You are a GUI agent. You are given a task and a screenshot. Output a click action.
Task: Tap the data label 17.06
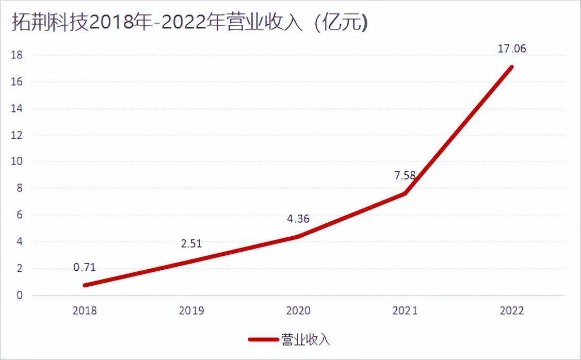point(512,49)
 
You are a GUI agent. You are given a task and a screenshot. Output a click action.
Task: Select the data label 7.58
point(405,175)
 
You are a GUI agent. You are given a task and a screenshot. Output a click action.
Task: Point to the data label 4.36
point(298,219)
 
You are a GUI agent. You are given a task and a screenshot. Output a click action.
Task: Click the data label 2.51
point(191,243)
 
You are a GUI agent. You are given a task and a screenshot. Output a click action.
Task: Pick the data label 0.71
point(85,267)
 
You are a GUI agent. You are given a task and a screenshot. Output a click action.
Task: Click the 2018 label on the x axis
point(85,310)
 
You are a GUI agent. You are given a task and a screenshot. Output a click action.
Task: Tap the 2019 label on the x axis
point(191,310)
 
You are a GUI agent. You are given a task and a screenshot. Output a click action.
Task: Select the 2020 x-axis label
point(298,310)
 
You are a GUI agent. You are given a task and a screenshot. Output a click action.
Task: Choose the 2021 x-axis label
point(405,310)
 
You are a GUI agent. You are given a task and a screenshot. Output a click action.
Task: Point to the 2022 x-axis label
point(512,310)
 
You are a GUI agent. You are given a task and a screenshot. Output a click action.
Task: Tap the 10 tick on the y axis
point(18,161)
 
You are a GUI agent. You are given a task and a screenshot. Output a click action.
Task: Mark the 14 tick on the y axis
point(18,108)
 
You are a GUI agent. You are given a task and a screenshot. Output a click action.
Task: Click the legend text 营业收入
point(305,339)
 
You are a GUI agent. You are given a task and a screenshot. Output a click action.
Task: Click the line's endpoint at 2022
point(511,67)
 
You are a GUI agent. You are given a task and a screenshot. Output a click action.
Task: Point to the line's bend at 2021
point(405,193)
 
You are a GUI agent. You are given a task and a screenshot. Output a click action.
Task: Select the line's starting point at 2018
point(85,285)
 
